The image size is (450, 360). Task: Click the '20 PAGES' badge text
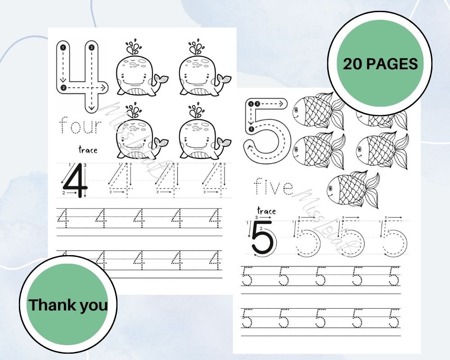(x=380, y=64)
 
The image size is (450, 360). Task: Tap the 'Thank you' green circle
(x=68, y=305)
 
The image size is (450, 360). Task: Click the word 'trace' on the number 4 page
(x=87, y=149)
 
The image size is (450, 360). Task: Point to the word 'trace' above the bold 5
(x=266, y=211)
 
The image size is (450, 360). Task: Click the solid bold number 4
(x=75, y=180)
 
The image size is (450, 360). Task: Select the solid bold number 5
(x=262, y=238)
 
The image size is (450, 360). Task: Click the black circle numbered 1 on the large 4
(x=63, y=47)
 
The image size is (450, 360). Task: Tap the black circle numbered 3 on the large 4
(x=91, y=47)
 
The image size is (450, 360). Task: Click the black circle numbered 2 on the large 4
(x=63, y=87)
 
